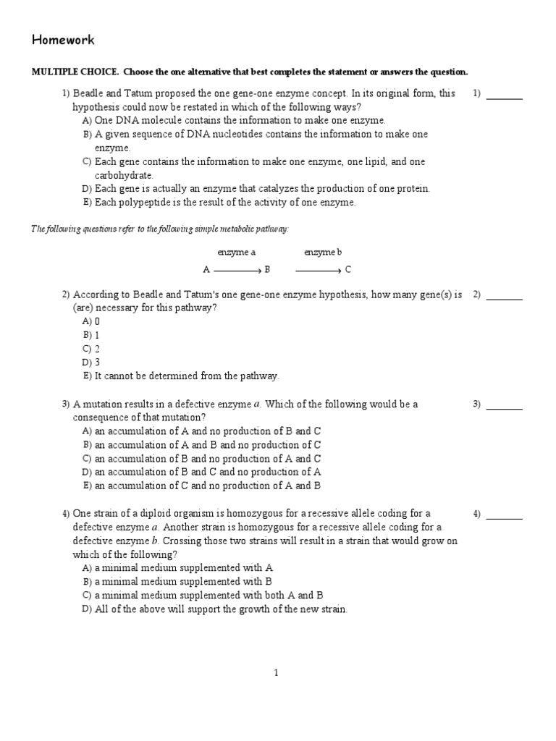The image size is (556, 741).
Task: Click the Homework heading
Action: [x=62, y=41]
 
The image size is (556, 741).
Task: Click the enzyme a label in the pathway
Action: [x=237, y=253]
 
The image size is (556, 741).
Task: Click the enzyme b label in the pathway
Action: [x=323, y=253]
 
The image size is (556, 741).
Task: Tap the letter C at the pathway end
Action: [x=348, y=270]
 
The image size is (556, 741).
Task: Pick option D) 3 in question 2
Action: [x=91, y=362]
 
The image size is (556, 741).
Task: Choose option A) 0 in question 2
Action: [x=91, y=321]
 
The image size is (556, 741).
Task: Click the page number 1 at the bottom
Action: [x=276, y=672]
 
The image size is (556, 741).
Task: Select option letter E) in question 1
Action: [x=87, y=203]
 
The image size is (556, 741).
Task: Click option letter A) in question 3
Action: [x=87, y=431]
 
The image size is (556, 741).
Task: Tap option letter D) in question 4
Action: [x=87, y=609]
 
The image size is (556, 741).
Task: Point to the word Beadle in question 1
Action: [x=88, y=93]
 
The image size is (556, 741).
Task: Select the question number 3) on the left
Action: [x=65, y=405]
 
